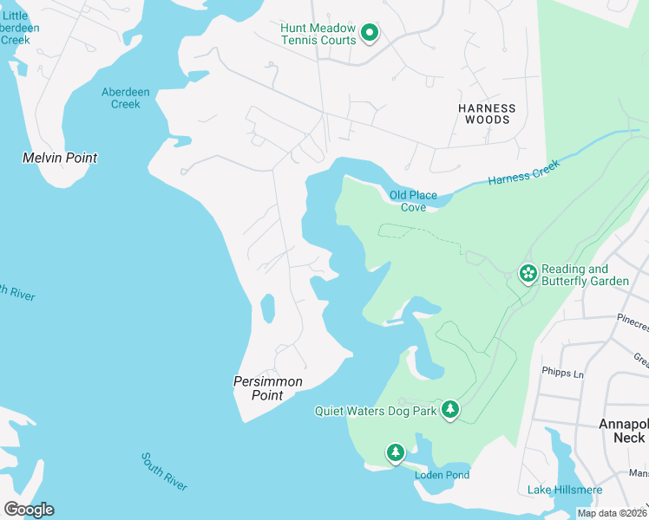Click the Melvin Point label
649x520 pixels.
pos(59,158)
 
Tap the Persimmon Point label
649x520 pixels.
pos(268,388)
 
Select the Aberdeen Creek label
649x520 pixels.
pos(121,98)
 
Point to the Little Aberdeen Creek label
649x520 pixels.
pos(16,29)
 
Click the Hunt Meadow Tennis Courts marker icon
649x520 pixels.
pos(370,34)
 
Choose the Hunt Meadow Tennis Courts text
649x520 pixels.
pos(318,35)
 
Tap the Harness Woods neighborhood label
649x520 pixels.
pos(487,114)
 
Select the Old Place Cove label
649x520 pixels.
pos(413,201)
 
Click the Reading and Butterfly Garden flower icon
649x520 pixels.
pos(528,274)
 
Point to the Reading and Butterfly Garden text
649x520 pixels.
pos(574,275)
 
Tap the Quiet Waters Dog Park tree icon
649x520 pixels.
pos(449,409)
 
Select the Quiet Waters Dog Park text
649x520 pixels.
pos(376,411)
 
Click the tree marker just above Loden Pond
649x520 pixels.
pos(396,452)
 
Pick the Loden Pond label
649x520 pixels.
pos(442,475)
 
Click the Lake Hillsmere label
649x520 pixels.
pos(565,490)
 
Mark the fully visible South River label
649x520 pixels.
pos(164,471)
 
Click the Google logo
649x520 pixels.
pos(29,510)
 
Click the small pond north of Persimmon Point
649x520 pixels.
pos(267,307)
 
